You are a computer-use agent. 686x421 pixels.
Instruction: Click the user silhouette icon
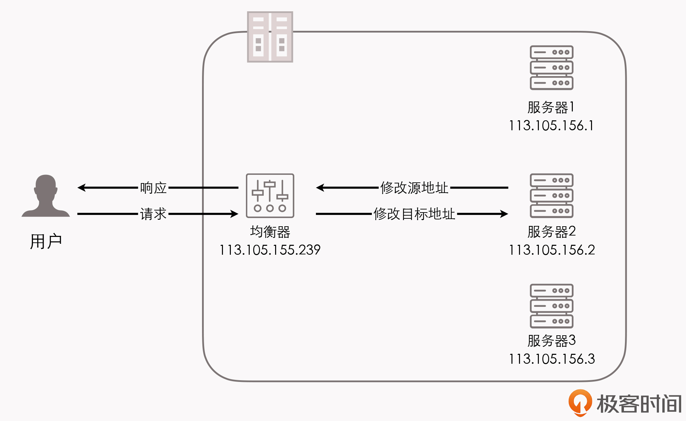coord(46,196)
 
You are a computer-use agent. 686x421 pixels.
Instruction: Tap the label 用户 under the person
coord(46,241)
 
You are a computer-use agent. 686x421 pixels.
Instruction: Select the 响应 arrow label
coord(153,188)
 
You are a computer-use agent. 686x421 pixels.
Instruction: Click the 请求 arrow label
coord(153,214)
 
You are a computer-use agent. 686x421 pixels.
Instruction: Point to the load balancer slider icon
coord(270,195)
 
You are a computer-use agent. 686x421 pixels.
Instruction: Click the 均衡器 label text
coord(270,232)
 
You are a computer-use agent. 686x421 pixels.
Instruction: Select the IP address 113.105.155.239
coord(270,250)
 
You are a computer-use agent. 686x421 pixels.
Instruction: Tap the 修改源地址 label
coord(414,188)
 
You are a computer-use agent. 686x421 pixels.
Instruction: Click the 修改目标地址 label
coord(414,214)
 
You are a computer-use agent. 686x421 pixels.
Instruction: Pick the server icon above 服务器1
coord(552,68)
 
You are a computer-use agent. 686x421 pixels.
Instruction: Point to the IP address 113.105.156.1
coord(551,125)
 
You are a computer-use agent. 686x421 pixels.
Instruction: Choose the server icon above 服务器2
coord(552,195)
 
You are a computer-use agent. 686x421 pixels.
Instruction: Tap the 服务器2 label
coord(551,232)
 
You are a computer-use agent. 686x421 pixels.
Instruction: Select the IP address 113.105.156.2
coord(552,250)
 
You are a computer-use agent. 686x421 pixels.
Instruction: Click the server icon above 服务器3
coord(552,306)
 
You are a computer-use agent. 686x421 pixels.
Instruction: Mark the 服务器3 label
coord(551,341)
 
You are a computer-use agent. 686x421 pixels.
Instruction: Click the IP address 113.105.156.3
coord(552,359)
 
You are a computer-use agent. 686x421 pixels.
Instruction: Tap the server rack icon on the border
coord(270,37)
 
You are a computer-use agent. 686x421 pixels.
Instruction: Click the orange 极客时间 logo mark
coord(580,402)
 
